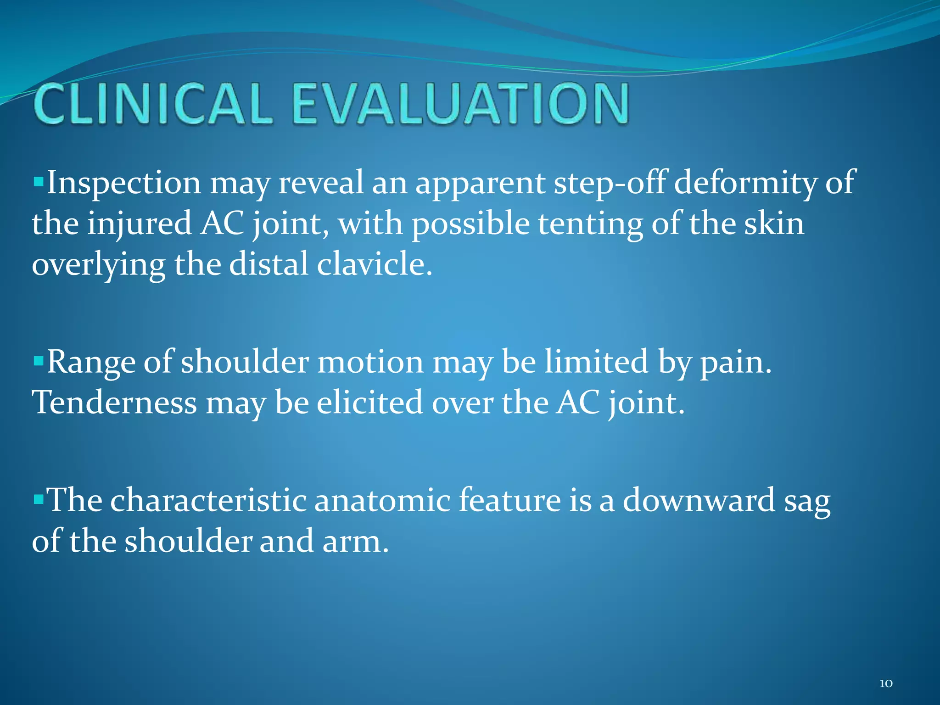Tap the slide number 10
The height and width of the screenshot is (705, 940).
click(x=886, y=683)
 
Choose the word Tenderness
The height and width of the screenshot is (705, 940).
click(x=114, y=403)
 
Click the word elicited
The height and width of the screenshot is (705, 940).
click(x=369, y=403)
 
